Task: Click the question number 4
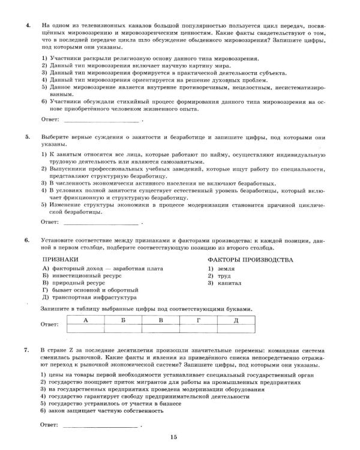[28, 27]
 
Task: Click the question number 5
[28, 137]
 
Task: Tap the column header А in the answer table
[86, 320]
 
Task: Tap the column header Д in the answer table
[236, 320]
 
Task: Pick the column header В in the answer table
[161, 320]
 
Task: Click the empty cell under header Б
[123, 329]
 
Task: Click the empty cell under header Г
[198, 329]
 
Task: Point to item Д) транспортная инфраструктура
[89, 297]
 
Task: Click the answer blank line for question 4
[100, 120]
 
